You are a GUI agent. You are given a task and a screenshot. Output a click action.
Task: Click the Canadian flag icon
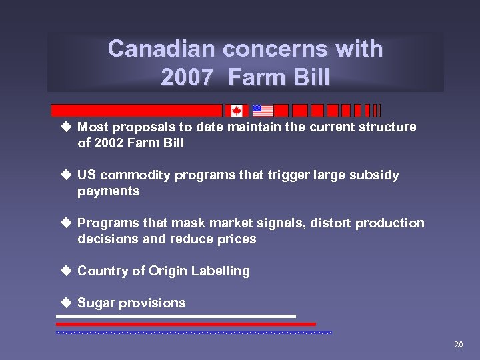pyautogui.click(x=236, y=111)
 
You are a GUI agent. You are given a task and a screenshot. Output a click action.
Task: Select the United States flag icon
pyautogui.click(x=263, y=111)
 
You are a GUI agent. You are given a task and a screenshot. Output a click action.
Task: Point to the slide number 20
pyautogui.click(x=458, y=345)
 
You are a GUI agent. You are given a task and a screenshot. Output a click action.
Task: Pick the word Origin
pyautogui.click(x=167, y=271)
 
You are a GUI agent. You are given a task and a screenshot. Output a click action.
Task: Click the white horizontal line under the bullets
pyautogui.click(x=176, y=316)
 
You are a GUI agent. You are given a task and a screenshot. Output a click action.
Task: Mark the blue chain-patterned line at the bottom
pyautogui.click(x=193, y=331)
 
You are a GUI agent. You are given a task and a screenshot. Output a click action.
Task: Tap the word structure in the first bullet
pyautogui.click(x=389, y=127)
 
